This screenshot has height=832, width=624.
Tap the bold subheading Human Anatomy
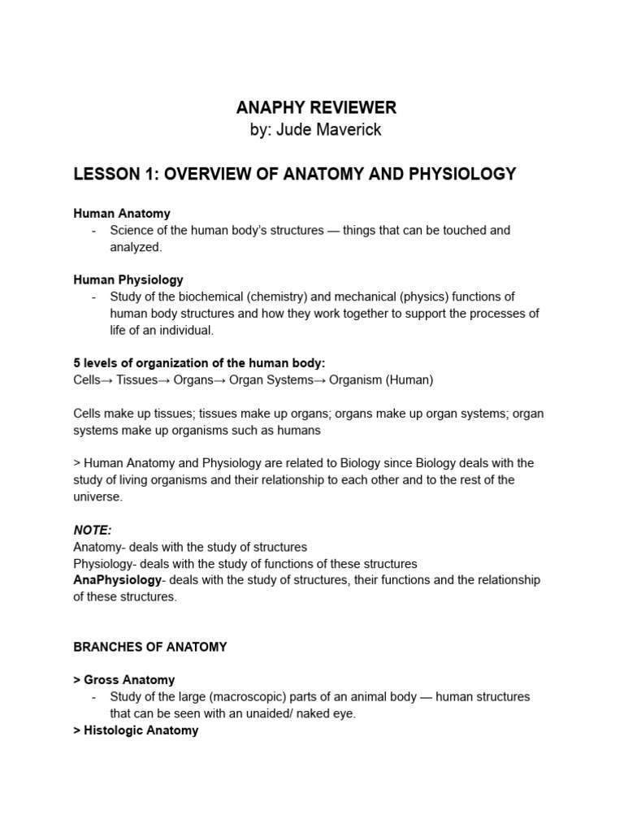point(122,214)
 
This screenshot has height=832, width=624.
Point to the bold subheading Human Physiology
point(128,279)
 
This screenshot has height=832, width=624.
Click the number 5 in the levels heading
point(77,363)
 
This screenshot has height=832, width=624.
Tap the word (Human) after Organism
point(410,379)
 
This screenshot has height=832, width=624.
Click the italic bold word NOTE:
point(92,530)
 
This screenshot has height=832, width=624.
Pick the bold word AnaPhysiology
point(118,580)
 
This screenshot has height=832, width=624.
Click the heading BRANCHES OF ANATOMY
point(150,647)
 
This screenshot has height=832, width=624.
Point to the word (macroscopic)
point(244,697)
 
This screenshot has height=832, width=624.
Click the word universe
point(97,496)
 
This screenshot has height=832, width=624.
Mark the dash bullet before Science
point(95,231)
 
